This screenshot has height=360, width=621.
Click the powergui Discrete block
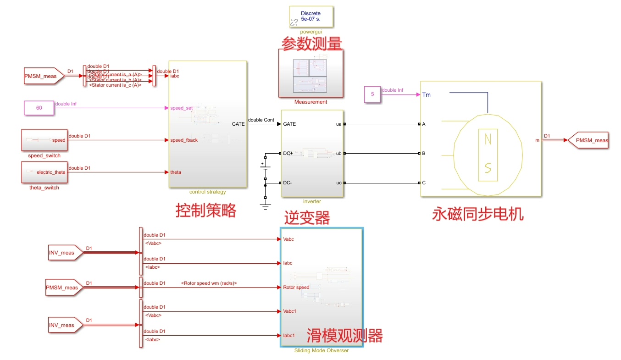(310, 17)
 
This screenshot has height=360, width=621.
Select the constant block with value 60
(39, 108)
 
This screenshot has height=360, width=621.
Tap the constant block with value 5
(372, 94)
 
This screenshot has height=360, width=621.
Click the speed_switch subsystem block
(44, 140)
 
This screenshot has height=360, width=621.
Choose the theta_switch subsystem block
(44, 172)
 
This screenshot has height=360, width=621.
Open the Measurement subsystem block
(311, 73)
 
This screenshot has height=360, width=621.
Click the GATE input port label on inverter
(290, 124)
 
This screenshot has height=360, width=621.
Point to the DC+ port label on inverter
(288, 153)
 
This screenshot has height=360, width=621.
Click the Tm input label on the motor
(426, 95)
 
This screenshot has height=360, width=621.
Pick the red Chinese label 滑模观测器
(344, 336)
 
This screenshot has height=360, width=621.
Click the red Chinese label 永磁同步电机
(478, 214)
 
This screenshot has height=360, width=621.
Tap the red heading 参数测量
(311, 44)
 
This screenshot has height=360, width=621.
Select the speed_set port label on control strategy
(181, 108)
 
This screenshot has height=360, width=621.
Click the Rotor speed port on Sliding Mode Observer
(296, 288)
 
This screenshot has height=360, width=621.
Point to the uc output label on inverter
(339, 183)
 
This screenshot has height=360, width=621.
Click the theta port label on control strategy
(175, 172)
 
